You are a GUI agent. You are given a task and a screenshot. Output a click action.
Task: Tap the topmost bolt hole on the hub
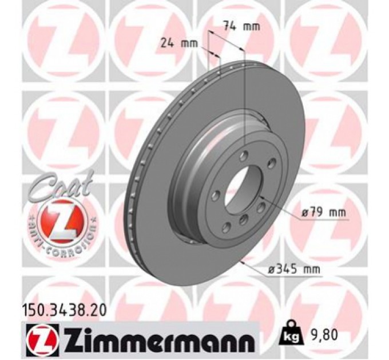(x=244, y=155)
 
